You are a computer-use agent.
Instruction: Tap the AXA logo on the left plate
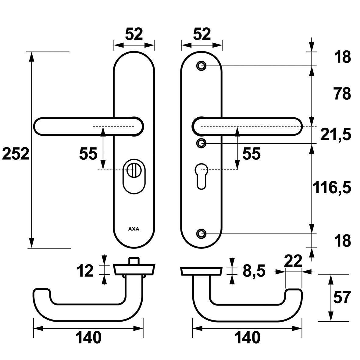[x=134, y=229]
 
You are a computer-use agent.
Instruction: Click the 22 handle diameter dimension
[x=293, y=261]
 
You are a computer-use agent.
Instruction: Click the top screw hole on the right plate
[x=201, y=66]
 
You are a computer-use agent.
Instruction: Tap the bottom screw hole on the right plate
[x=201, y=233]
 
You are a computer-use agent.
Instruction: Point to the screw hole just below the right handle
[x=201, y=143]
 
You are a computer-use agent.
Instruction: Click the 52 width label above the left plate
[x=134, y=34]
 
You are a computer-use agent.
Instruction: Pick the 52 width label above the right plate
[x=202, y=34]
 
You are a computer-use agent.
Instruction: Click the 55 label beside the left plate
[x=88, y=154]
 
